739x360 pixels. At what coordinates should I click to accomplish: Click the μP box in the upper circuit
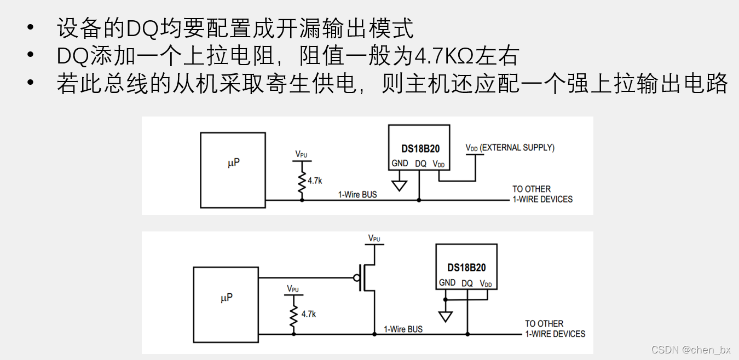point(233,170)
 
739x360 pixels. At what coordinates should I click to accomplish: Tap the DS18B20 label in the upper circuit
point(420,148)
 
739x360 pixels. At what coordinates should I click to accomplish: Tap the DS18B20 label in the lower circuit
point(466,268)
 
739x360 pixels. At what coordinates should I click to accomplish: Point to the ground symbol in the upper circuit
point(400,184)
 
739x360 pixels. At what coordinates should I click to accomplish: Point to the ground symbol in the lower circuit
point(446,316)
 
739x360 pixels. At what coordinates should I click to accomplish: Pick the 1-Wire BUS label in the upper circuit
point(357,194)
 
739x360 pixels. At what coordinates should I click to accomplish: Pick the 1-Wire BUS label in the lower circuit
point(403,329)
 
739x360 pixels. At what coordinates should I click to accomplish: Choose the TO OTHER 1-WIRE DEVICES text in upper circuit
point(542,194)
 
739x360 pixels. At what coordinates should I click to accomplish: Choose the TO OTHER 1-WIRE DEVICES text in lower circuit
point(555,329)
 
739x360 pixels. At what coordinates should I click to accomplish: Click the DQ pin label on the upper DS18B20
point(420,163)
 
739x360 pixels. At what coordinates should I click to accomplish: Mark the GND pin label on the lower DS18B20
point(447,283)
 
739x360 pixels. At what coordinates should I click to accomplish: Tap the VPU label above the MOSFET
point(374,238)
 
